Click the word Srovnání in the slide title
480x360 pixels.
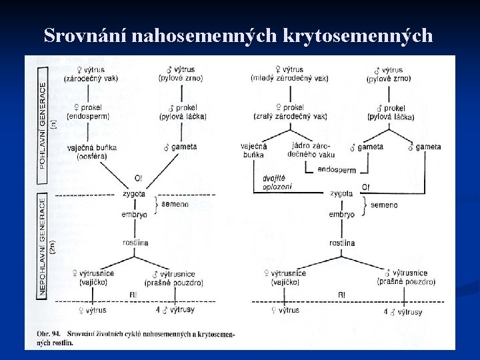(85, 36)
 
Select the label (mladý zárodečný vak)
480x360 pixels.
(289, 78)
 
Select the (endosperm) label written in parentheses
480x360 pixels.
(87, 117)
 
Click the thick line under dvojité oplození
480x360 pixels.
(287, 193)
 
